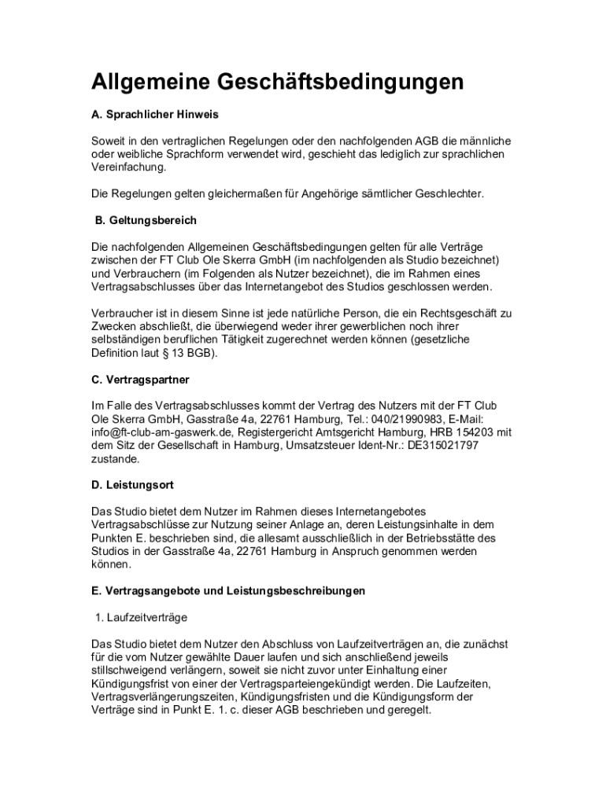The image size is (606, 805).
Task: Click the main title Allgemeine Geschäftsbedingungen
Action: tap(277, 83)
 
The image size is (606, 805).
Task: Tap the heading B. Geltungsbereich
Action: tap(146, 220)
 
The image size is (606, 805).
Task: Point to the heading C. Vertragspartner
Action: tap(140, 380)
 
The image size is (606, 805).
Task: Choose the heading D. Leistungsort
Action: tap(132, 485)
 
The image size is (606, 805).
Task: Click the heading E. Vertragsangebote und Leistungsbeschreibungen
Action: tap(228, 590)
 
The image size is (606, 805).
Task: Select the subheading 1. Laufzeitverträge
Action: tap(141, 617)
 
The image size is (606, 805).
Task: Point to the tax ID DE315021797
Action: tap(438, 446)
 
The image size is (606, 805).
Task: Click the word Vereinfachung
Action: tap(129, 167)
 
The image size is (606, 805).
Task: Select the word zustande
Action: tap(115, 459)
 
